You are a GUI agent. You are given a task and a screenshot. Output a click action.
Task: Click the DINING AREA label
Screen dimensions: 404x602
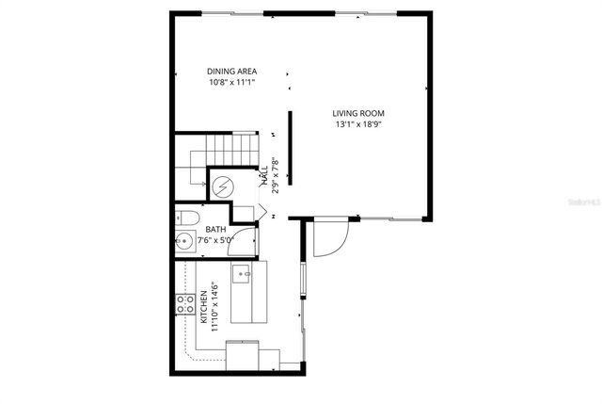point(232,72)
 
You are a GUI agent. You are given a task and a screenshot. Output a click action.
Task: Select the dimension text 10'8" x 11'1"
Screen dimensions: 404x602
point(232,83)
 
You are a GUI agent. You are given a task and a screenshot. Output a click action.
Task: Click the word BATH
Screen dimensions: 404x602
point(216,230)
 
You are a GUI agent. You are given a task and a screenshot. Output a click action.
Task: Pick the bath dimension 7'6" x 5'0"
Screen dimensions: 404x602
point(216,241)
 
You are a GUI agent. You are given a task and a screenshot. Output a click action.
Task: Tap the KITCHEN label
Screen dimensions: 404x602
point(204,307)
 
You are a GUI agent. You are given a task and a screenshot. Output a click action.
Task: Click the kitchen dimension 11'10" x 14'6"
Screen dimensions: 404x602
point(215,307)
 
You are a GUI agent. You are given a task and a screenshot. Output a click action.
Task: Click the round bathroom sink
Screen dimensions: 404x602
point(184,242)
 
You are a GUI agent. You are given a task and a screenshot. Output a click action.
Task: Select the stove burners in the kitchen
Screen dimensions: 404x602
point(184,304)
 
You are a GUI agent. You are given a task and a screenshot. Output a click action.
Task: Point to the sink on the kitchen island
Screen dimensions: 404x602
point(242,274)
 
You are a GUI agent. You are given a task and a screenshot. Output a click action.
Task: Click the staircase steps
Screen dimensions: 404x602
point(231,148)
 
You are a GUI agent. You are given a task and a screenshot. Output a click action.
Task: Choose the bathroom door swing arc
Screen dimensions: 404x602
point(244,241)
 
